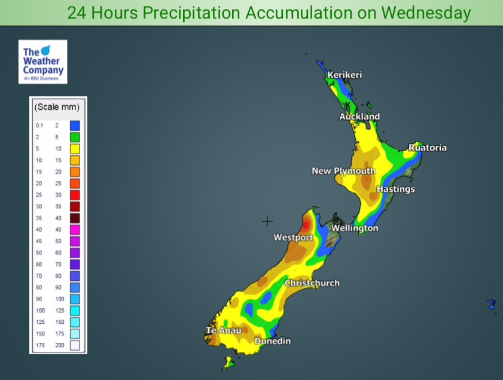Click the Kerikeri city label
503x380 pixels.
pos(345,75)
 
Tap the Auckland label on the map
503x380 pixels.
pos(359,117)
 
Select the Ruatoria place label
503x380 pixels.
pos(428,148)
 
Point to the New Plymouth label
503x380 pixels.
pos(343,171)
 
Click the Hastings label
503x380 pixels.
pos(395,189)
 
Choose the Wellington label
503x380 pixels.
pos(355,228)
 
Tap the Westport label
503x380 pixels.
pos(293,238)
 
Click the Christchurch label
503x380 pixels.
pos(312,283)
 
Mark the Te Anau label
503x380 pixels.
pos(223,330)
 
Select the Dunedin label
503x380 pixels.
pos(272,341)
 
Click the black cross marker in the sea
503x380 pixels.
pos(267,222)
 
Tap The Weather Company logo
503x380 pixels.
pos(42,62)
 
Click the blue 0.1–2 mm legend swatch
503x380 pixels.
pos(75,125)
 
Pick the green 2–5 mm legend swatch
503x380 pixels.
pos(75,137)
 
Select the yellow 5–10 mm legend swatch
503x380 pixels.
pos(75,148)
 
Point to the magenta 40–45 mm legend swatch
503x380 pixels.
pos(75,229)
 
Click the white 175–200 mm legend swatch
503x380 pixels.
pos(75,345)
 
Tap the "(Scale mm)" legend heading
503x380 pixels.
pos(57,108)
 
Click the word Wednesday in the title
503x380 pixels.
pos(422,13)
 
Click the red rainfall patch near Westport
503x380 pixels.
pos(306,225)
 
